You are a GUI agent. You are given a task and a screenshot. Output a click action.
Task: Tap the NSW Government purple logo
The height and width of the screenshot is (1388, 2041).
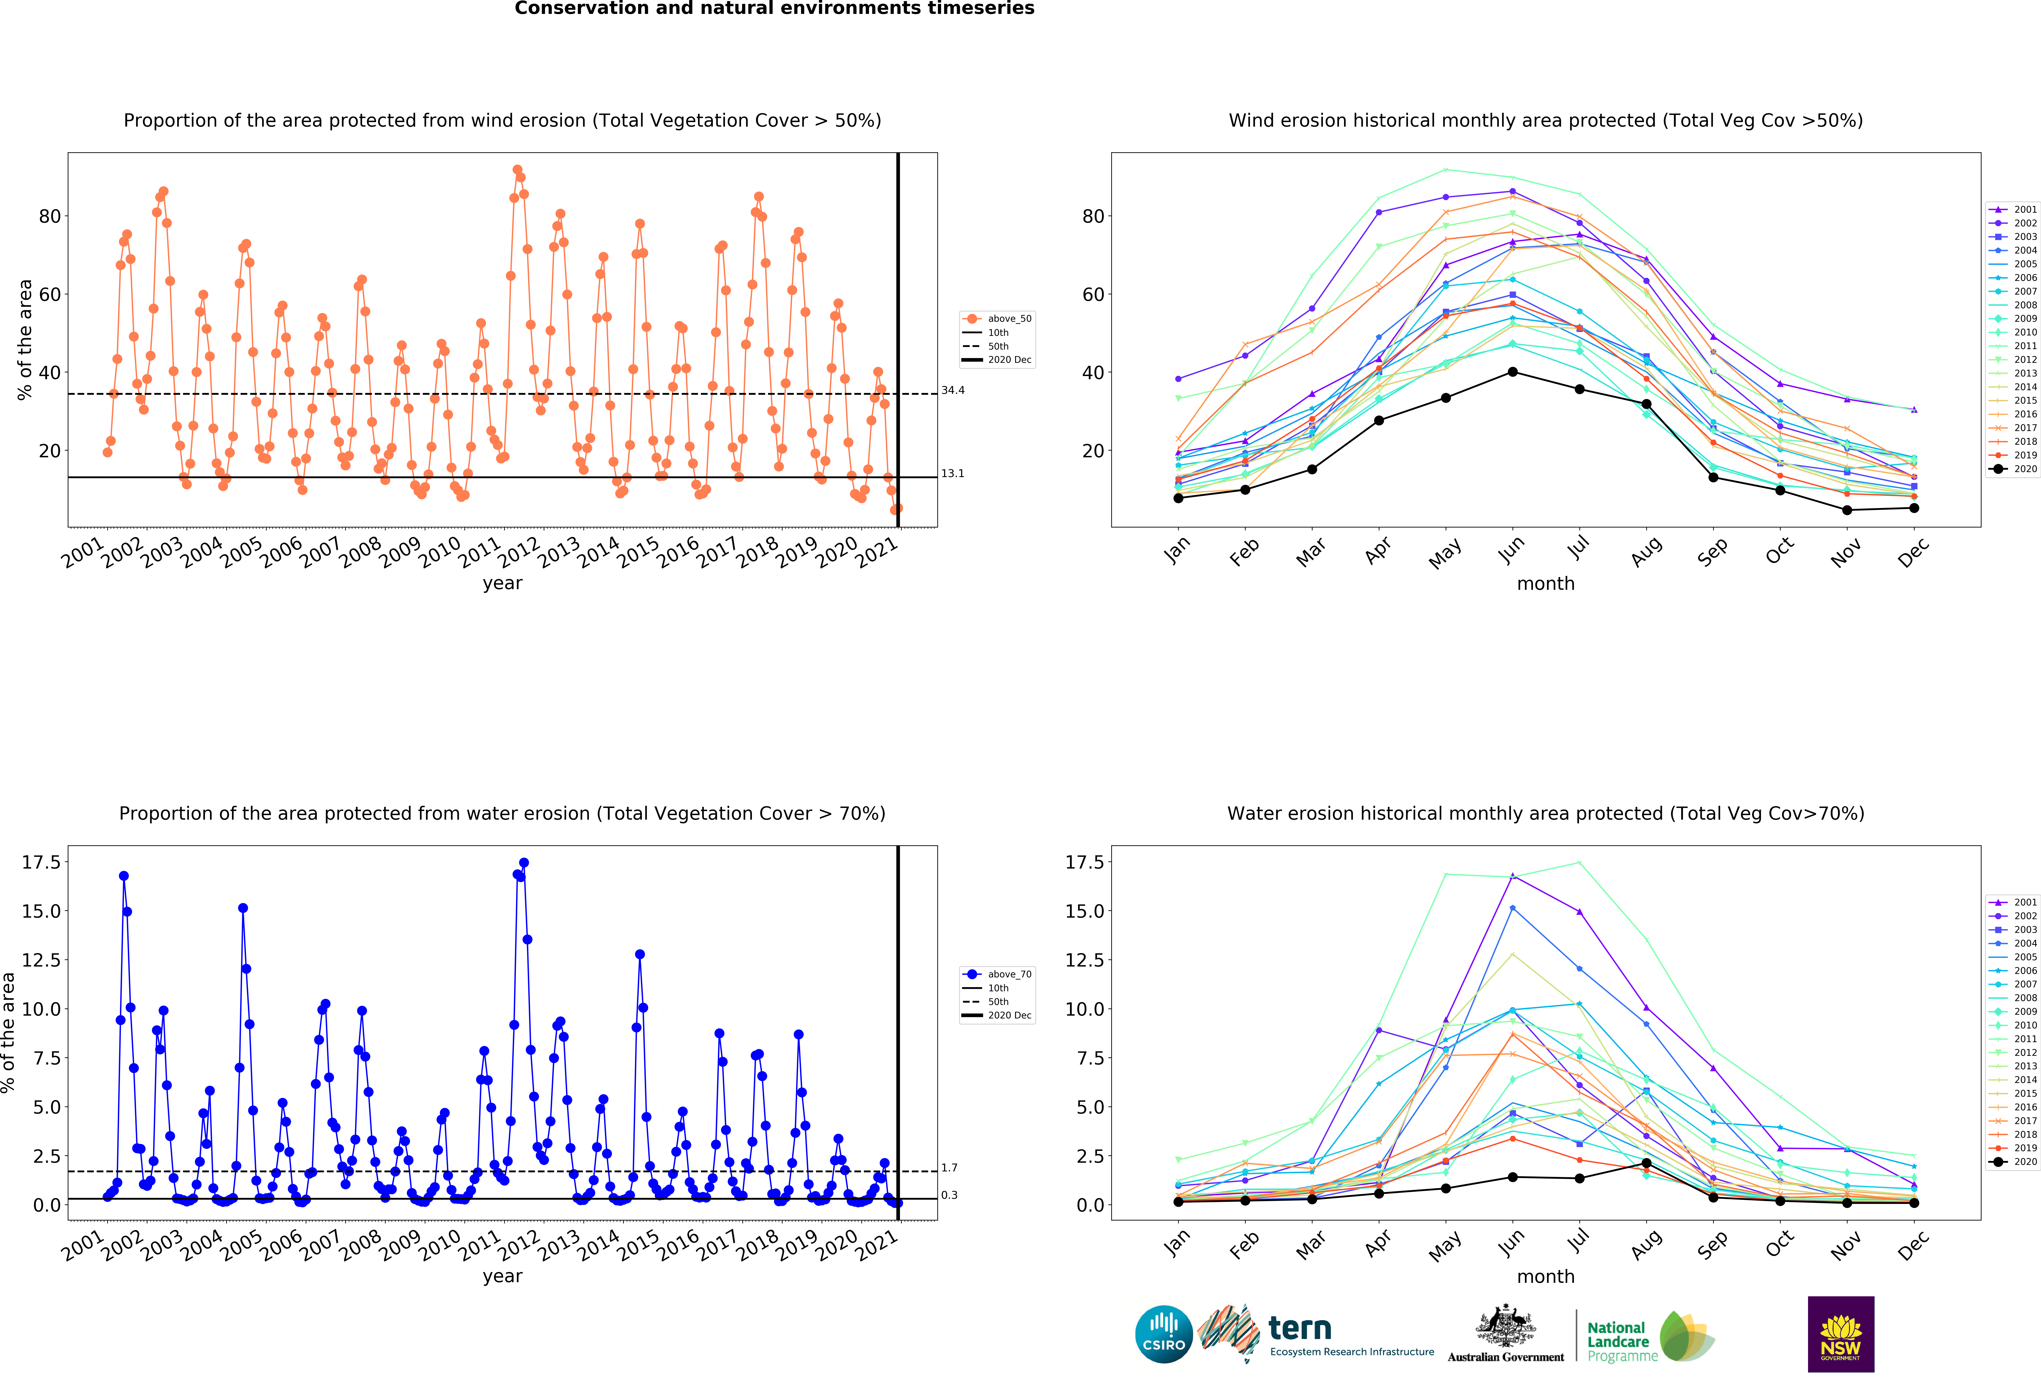1841,1333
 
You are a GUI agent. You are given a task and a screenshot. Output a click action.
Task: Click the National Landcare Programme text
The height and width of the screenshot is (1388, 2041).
1622,1342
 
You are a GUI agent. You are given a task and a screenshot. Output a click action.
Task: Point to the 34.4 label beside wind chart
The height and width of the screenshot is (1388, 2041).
953,390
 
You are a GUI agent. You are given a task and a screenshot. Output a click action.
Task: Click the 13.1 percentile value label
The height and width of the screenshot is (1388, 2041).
953,474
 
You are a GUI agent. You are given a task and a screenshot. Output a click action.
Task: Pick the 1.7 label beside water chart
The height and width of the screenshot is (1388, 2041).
949,1167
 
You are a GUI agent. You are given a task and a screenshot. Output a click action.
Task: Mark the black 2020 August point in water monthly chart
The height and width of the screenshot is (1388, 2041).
1646,1163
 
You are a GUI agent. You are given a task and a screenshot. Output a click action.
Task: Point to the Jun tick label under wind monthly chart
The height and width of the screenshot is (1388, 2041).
1511,550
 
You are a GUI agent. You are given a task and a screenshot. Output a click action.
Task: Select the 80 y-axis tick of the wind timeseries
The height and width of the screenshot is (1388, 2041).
50,216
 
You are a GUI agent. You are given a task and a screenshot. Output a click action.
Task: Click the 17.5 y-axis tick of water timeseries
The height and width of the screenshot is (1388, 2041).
41,863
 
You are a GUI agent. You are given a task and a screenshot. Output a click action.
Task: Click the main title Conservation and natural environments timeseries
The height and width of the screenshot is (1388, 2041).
774,9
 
